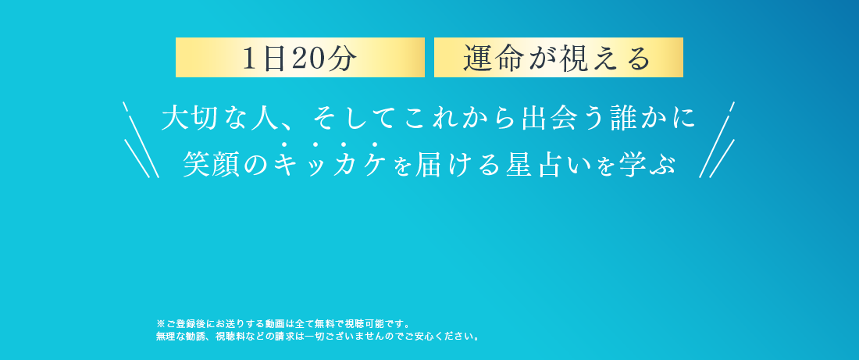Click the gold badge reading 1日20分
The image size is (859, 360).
[300, 58]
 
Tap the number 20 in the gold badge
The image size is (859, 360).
[310, 59]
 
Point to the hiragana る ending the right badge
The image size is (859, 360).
[638, 59]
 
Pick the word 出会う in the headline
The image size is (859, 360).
[551, 118]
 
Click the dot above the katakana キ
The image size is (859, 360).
[283, 144]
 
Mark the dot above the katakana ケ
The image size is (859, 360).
[375, 144]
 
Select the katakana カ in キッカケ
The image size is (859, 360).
[345, 164]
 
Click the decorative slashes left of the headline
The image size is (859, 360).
[141, 140]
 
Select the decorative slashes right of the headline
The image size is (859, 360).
[717, 140]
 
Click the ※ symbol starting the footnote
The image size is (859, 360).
[161, 323]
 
